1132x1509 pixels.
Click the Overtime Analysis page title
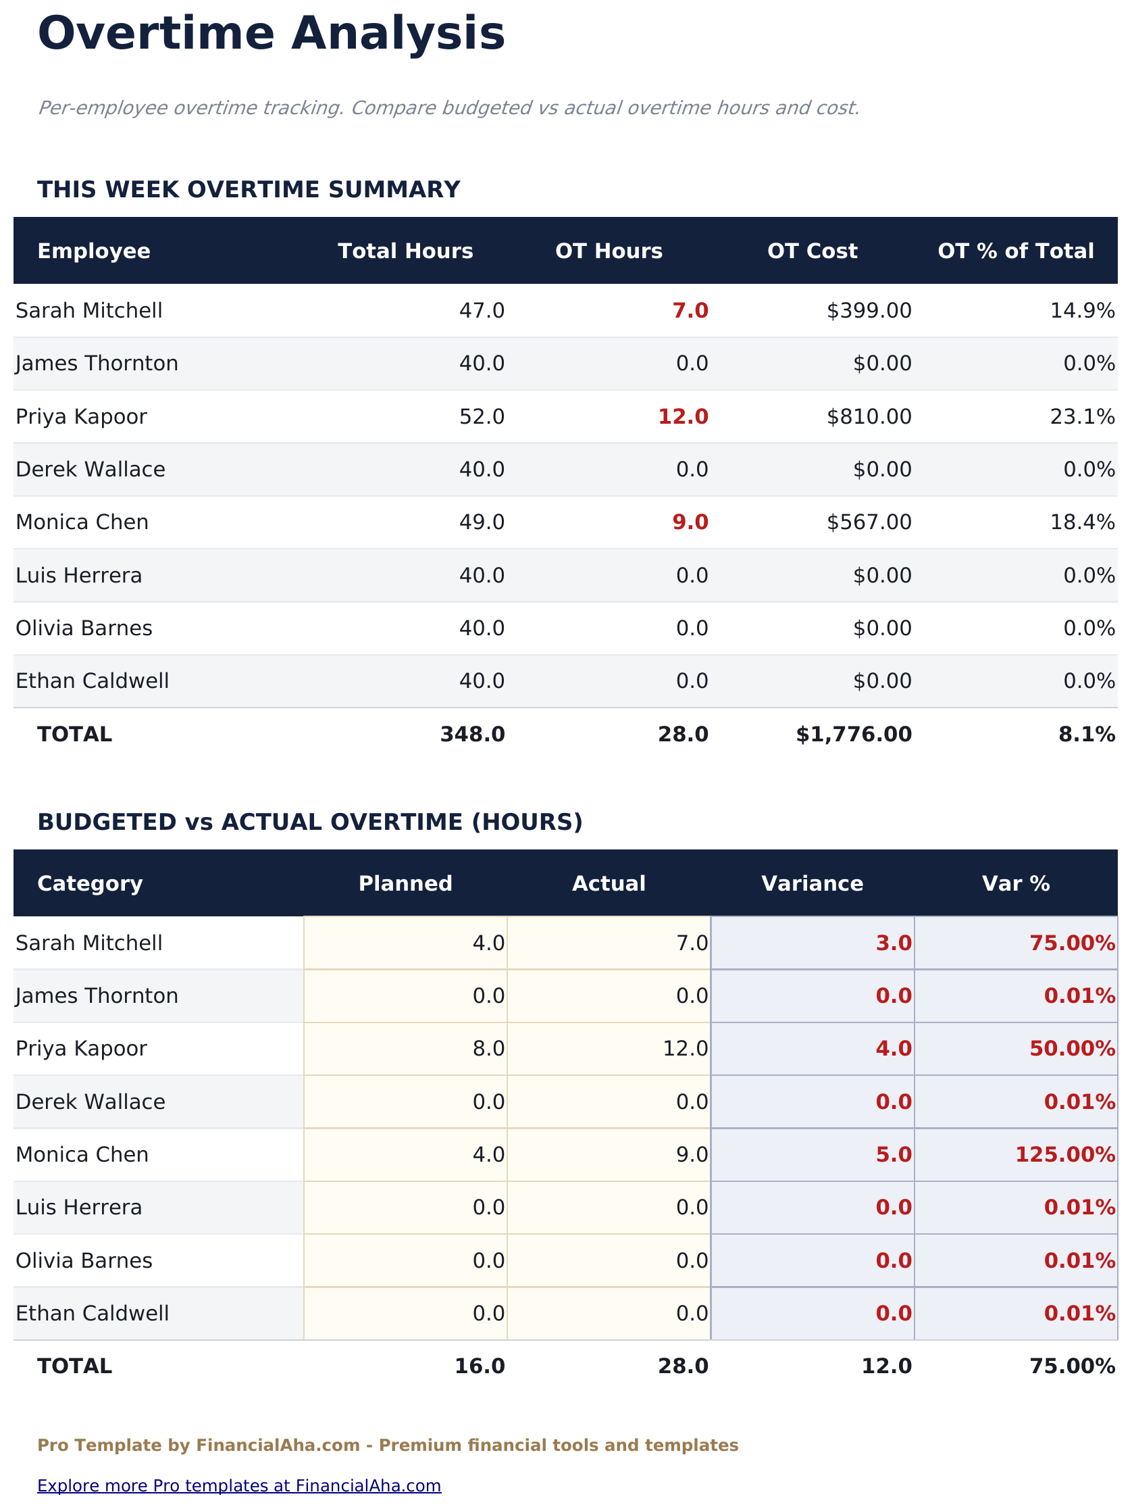tap(271, 34)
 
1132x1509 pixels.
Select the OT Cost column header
tap(811, 251)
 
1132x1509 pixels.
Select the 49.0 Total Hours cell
tap(482, 522)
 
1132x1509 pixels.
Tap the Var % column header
tap(1015, 883)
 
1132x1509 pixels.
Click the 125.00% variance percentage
tap(1064, 1154)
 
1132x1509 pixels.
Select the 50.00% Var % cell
tap(1071, 1049)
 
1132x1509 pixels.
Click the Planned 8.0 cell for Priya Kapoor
tap(488, 1049)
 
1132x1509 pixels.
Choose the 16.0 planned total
tap(480, 1366)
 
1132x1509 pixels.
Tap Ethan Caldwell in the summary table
tap(92, 681)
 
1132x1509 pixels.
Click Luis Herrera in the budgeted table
tap(78, 1208)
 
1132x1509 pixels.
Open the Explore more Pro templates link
tap(238, 1486)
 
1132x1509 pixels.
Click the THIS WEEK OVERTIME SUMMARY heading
tap(249, 190)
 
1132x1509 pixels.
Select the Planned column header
tap(405, 883)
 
